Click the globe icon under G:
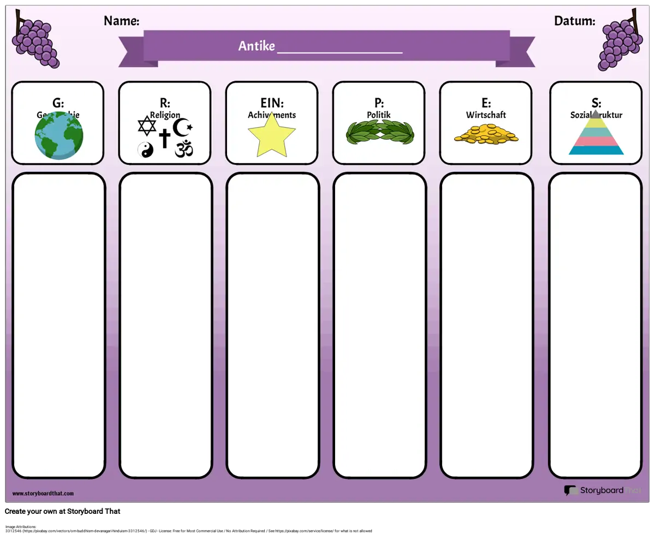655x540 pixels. [59, 136]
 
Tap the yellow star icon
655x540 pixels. [271, 135]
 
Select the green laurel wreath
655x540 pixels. [380, 132]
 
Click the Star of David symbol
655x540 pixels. [147, 127]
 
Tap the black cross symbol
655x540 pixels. [164, 138]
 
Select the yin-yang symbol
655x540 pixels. [146, 149]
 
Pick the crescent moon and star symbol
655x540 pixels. [182, 128]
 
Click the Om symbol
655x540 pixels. [184, 148]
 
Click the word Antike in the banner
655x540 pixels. [257, 46]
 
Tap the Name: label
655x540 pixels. [121, 21]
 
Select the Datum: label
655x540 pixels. [574, 21]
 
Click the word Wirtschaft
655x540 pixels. [486, 115]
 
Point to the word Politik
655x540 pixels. [379, 115]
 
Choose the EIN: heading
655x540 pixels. [272, 103]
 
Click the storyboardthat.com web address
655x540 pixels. [43, 494]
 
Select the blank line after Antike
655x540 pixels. [340, 51]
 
